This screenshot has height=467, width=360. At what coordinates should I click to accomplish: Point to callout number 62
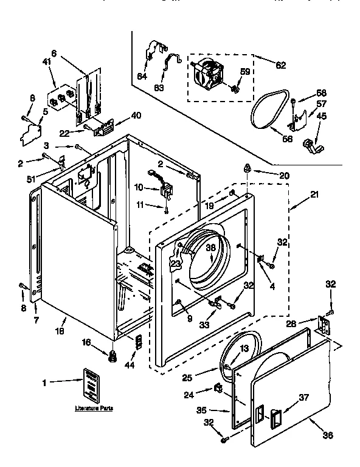[281, 65]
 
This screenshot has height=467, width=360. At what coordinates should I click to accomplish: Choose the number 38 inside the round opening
[210, 247]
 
